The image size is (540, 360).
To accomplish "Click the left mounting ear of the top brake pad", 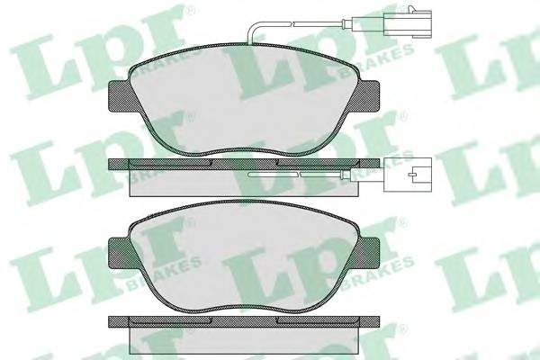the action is pos(121,96).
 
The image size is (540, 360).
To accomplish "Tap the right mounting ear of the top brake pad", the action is pos(368,96).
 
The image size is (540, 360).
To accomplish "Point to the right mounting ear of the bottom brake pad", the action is pos(368,254).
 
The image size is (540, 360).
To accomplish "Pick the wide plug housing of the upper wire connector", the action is pos(418,23).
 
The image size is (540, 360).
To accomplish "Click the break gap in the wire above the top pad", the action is pos(292,23).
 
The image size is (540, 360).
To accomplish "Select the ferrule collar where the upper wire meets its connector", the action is pos(346,23).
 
